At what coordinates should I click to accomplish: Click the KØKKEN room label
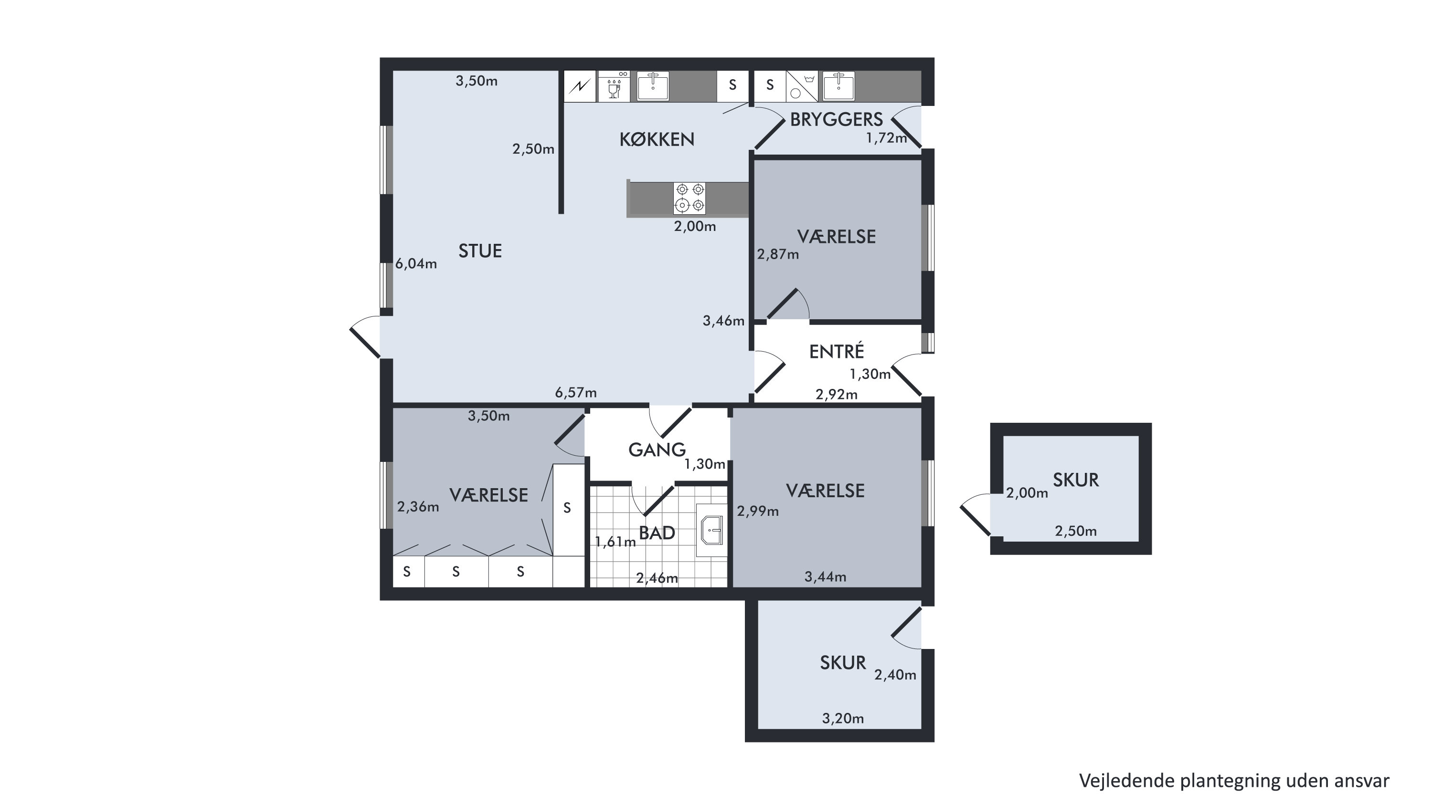point(657,139)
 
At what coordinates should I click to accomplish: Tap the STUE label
point(480,251)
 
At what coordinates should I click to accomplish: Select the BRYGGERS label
point(836,119)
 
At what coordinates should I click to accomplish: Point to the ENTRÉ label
point(836,351)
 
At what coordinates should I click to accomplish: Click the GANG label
point(657,450)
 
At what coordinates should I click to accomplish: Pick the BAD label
point(657,533)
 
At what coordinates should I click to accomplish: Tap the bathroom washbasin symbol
point(711,530)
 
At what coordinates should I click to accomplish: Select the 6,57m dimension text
point(576,393)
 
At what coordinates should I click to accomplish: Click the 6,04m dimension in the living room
point(416,264)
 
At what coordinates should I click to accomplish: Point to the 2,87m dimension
point(778,254)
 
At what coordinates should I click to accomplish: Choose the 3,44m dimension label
point(825,577)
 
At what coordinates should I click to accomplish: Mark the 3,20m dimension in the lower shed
point(843,719)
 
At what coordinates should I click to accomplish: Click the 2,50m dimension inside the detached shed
point(1076,531)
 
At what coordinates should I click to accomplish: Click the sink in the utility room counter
point(838,86)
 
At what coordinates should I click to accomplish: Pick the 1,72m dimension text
point(887,138)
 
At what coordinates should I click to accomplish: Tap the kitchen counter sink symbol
point(653,86)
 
